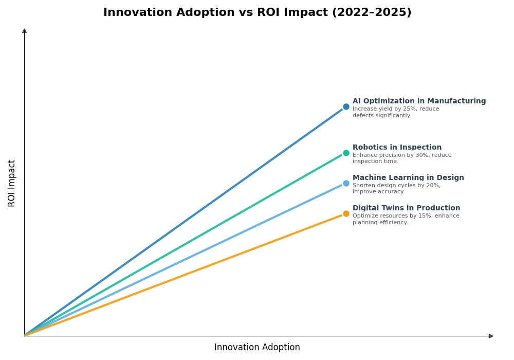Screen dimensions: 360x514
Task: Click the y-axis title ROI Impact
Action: point(12,183)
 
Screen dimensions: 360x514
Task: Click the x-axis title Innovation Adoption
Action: point(257,348)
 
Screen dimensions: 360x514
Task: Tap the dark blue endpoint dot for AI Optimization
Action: point(346,107)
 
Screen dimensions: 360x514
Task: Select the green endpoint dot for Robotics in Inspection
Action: point(346,153)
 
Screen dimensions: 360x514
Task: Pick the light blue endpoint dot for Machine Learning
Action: point(346,183)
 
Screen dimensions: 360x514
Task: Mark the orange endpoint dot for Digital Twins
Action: point(346,213)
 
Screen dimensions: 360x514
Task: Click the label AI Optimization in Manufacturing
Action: point(419,101)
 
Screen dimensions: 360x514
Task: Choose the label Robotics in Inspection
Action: point(397,148)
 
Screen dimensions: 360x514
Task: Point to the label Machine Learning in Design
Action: point(408,178)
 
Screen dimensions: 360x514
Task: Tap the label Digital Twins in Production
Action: point(406,208)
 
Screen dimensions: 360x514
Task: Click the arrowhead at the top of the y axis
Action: point(24,31)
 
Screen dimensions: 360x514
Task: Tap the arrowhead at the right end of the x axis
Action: point(491,336)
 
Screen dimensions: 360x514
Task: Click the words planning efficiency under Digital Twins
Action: point(380,223)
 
